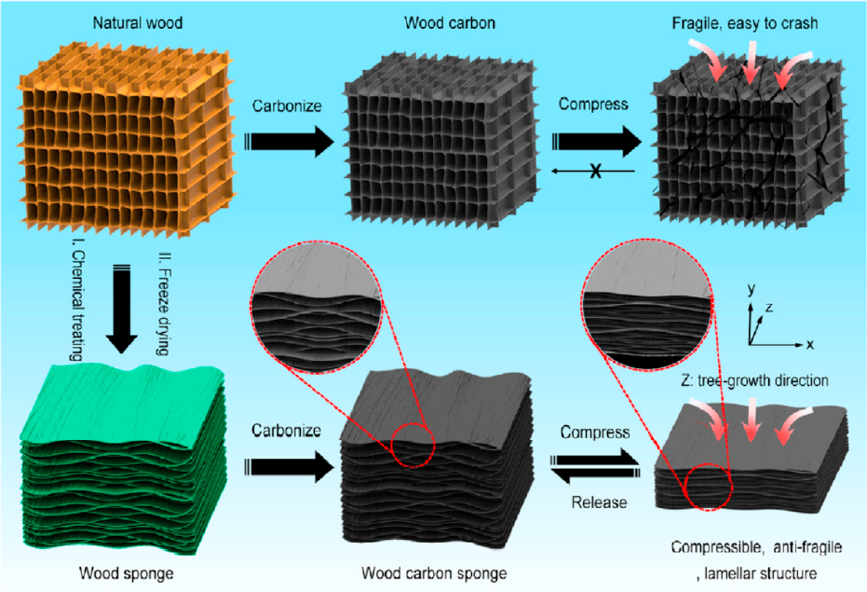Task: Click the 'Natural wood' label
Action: [137, 22]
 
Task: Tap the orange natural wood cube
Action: [126, 141]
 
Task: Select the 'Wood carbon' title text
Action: [450, 22]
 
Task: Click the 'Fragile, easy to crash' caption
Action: [745, 23]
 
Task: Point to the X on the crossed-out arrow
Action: [595, 171]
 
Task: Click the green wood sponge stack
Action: [123, 459]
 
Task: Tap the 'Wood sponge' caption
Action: [126, 572]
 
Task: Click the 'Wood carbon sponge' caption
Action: [434, 572]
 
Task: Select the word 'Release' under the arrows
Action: [599, 503]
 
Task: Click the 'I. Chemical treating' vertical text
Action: [78, 305]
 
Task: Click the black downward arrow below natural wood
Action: [121, 310]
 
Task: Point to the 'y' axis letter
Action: [751, 290]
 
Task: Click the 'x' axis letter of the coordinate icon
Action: [810, 344]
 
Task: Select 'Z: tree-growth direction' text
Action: [754, 380]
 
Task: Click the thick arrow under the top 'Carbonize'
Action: [290, 141]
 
